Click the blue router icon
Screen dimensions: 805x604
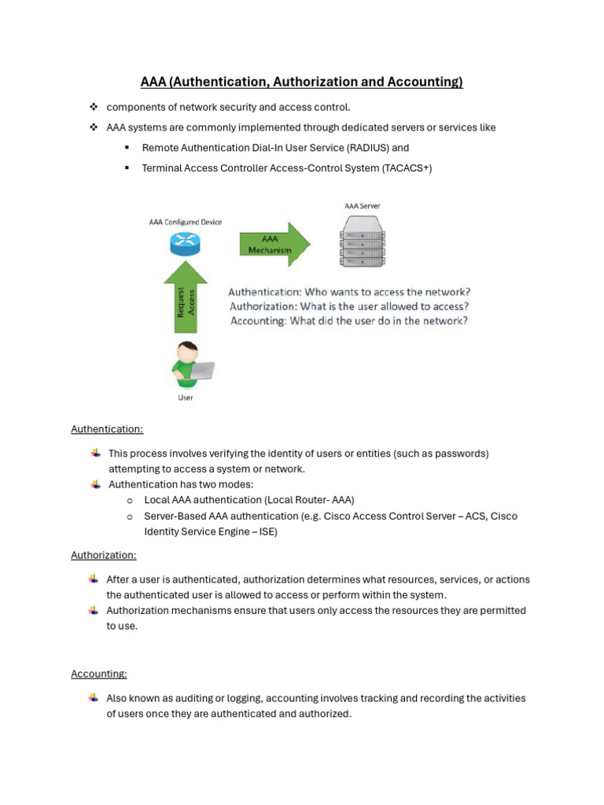click(x=185, y=244)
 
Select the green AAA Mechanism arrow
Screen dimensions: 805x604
click(x=274, y=244)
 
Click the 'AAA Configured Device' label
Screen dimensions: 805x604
click(x=186, y=222)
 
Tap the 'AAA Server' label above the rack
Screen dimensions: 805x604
click(x=363, y=206)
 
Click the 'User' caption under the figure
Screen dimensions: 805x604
click(x=186, y=398)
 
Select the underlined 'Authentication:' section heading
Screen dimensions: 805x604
click(x=107, y=429)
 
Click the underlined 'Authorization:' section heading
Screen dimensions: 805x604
click(x=104, y=555)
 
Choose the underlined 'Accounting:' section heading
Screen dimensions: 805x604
click(x=99, y=674)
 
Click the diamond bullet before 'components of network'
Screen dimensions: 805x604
click(x=93, y=107)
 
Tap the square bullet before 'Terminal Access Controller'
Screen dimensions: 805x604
click(x=126, y=168)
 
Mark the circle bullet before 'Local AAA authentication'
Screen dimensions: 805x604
click(x=129, y=500)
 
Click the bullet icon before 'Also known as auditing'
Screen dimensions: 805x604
click(x=94, y=697)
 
